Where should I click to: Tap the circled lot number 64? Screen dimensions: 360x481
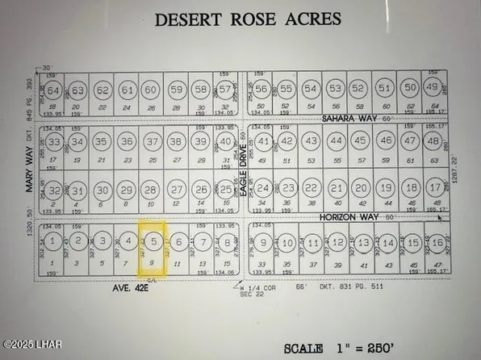point(53,90)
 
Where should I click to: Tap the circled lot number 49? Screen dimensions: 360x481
point(433,87)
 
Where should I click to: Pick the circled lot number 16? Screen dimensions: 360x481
point(437,243)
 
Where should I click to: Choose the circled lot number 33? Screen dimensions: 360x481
point(54,143)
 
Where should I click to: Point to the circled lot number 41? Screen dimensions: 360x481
point(264,142)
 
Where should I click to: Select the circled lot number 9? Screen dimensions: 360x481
point(264,243)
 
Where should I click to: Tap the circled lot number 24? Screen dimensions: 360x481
point(263,190)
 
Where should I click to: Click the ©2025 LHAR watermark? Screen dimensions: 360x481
point(27,353)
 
